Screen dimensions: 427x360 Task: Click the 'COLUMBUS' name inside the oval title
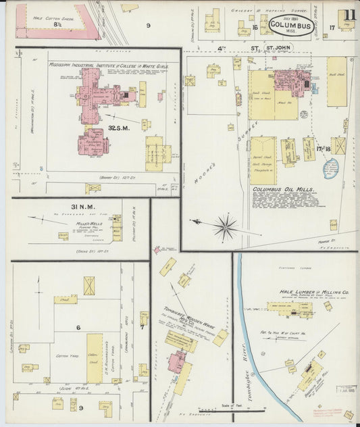pyautogui.click(x=290, y=26)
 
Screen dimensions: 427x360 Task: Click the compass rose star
pyautogui.click(x=225, y=227)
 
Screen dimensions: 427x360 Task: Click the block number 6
pyautogui.click(x=78, y=327)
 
